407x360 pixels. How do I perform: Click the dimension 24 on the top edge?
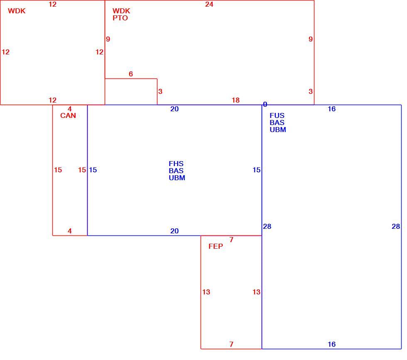tap(209, 4)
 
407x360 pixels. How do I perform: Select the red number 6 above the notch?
tap(131, 74)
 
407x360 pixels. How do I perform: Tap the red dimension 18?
tap(235, 100)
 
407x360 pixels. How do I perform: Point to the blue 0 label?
tap(265, 104)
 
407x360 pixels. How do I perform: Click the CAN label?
tap(68, 115)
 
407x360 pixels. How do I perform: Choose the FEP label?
tap(216, 246)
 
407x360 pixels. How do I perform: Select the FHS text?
tap(176, 164)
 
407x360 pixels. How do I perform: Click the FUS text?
tap(277, 115)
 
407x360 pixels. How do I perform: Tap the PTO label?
tap(120, 18)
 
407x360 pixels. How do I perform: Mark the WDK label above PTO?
tap(121, 11)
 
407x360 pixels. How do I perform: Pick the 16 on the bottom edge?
tap(331, 344)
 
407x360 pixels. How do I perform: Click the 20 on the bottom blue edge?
tap(174, 231)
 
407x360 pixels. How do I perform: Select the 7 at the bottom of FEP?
tap(231, 344)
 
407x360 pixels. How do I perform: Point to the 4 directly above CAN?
tap(70, 109)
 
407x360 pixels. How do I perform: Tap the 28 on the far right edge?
tap(395, 226)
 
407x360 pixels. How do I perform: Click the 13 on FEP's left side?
tap(206, 292)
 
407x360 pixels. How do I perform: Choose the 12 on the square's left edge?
tap(5, 52)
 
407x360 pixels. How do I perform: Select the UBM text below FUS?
tap(278, 130)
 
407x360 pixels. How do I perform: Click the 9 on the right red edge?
tap(311, 39)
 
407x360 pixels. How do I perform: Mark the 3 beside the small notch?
tap(160, 91)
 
